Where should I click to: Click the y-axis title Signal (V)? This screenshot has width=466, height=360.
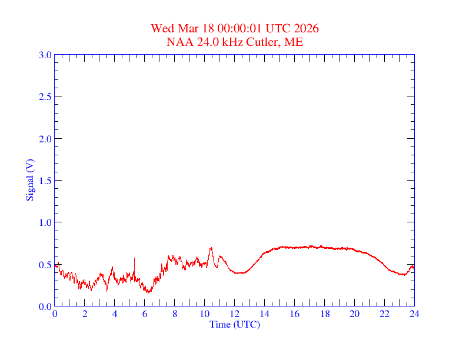(29, 179)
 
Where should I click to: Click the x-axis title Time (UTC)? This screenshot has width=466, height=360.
(234, 324)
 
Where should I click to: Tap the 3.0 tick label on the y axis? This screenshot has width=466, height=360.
(45, 55)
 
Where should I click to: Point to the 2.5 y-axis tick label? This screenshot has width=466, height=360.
(45, 96)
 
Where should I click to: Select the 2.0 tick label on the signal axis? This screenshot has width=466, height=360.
(45, 139)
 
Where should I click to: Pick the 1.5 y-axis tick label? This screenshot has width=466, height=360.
(45, 181)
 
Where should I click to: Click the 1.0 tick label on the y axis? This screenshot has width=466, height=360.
(45, 222)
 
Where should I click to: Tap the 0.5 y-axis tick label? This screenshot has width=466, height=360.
(45, 265)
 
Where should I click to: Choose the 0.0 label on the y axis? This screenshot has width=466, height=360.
(45, 306)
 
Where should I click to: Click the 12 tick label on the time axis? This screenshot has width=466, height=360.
(235, 314)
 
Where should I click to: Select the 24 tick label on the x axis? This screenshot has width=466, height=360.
(414, 314)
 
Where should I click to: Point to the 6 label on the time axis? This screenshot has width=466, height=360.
(145, 314)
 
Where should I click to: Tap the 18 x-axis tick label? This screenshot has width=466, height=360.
(324, 314)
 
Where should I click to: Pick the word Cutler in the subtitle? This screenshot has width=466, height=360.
(264, 42)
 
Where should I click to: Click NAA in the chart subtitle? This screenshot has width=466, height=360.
(178, 42)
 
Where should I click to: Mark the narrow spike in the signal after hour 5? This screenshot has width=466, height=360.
(134, 258)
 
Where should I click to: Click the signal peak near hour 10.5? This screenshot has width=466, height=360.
(211, 248)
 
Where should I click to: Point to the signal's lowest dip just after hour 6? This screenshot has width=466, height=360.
(148, 292)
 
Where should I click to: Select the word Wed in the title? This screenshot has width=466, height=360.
(162, 28)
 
